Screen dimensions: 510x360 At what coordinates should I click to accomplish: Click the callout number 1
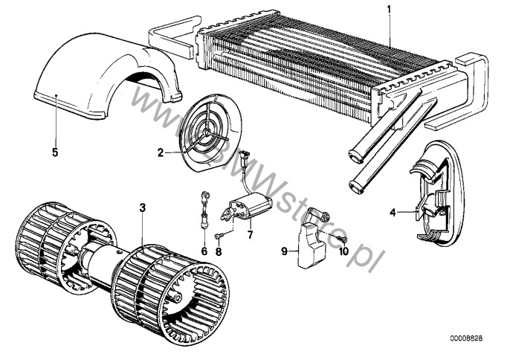pos(389,10)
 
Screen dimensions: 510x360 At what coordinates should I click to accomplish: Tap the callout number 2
pos(161,152)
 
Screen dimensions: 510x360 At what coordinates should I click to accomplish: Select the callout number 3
pos(143,208)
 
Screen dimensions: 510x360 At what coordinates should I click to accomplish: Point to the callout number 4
pos(393,213)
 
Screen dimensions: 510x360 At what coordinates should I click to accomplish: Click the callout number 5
pos(55,152)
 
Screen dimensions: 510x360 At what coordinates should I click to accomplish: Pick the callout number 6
pos(204,251)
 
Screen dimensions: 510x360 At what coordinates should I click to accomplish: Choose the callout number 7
pos(250,234)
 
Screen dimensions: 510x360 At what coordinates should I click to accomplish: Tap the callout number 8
pos(219,251)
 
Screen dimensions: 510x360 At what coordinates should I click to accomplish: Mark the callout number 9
pos(284,251)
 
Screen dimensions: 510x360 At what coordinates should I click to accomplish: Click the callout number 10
pos(343,251)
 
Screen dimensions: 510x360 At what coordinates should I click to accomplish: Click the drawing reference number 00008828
pos(466,338)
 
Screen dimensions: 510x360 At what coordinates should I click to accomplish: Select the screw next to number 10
pos(343,240)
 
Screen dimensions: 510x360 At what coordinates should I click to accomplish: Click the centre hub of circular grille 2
pos(206,130)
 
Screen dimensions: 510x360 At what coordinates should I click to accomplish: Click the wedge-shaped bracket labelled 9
pos(312,244)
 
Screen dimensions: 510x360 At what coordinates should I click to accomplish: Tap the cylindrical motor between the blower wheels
pos(101,263)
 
